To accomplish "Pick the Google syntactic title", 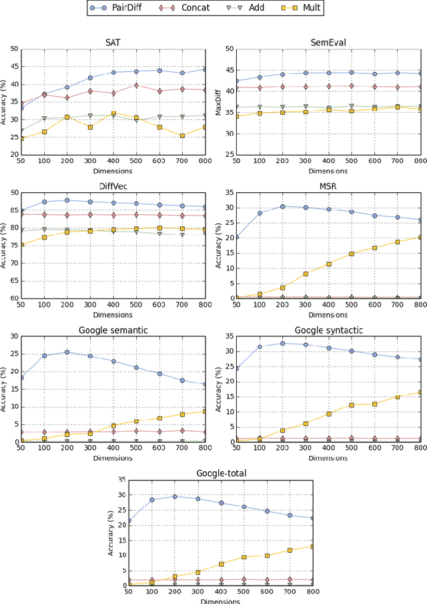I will point(328,330).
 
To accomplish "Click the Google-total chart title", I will point(222,473).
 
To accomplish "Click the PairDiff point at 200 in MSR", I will point(282,206).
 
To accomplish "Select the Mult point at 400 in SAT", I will point(114,113).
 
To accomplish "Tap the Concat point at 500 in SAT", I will point(137,85).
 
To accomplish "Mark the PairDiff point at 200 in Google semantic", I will point(67,352).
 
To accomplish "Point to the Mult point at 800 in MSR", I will point(420,237).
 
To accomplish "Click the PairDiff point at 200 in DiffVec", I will point(67,200).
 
